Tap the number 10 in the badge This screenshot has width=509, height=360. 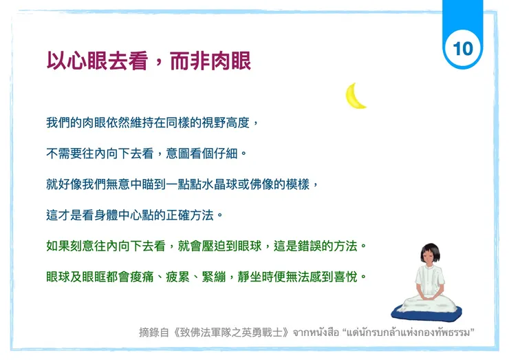[463, 48]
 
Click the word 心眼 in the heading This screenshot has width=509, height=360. [87, 61]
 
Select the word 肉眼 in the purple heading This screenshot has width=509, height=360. [231, 61]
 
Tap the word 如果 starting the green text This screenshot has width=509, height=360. [56, 246]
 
